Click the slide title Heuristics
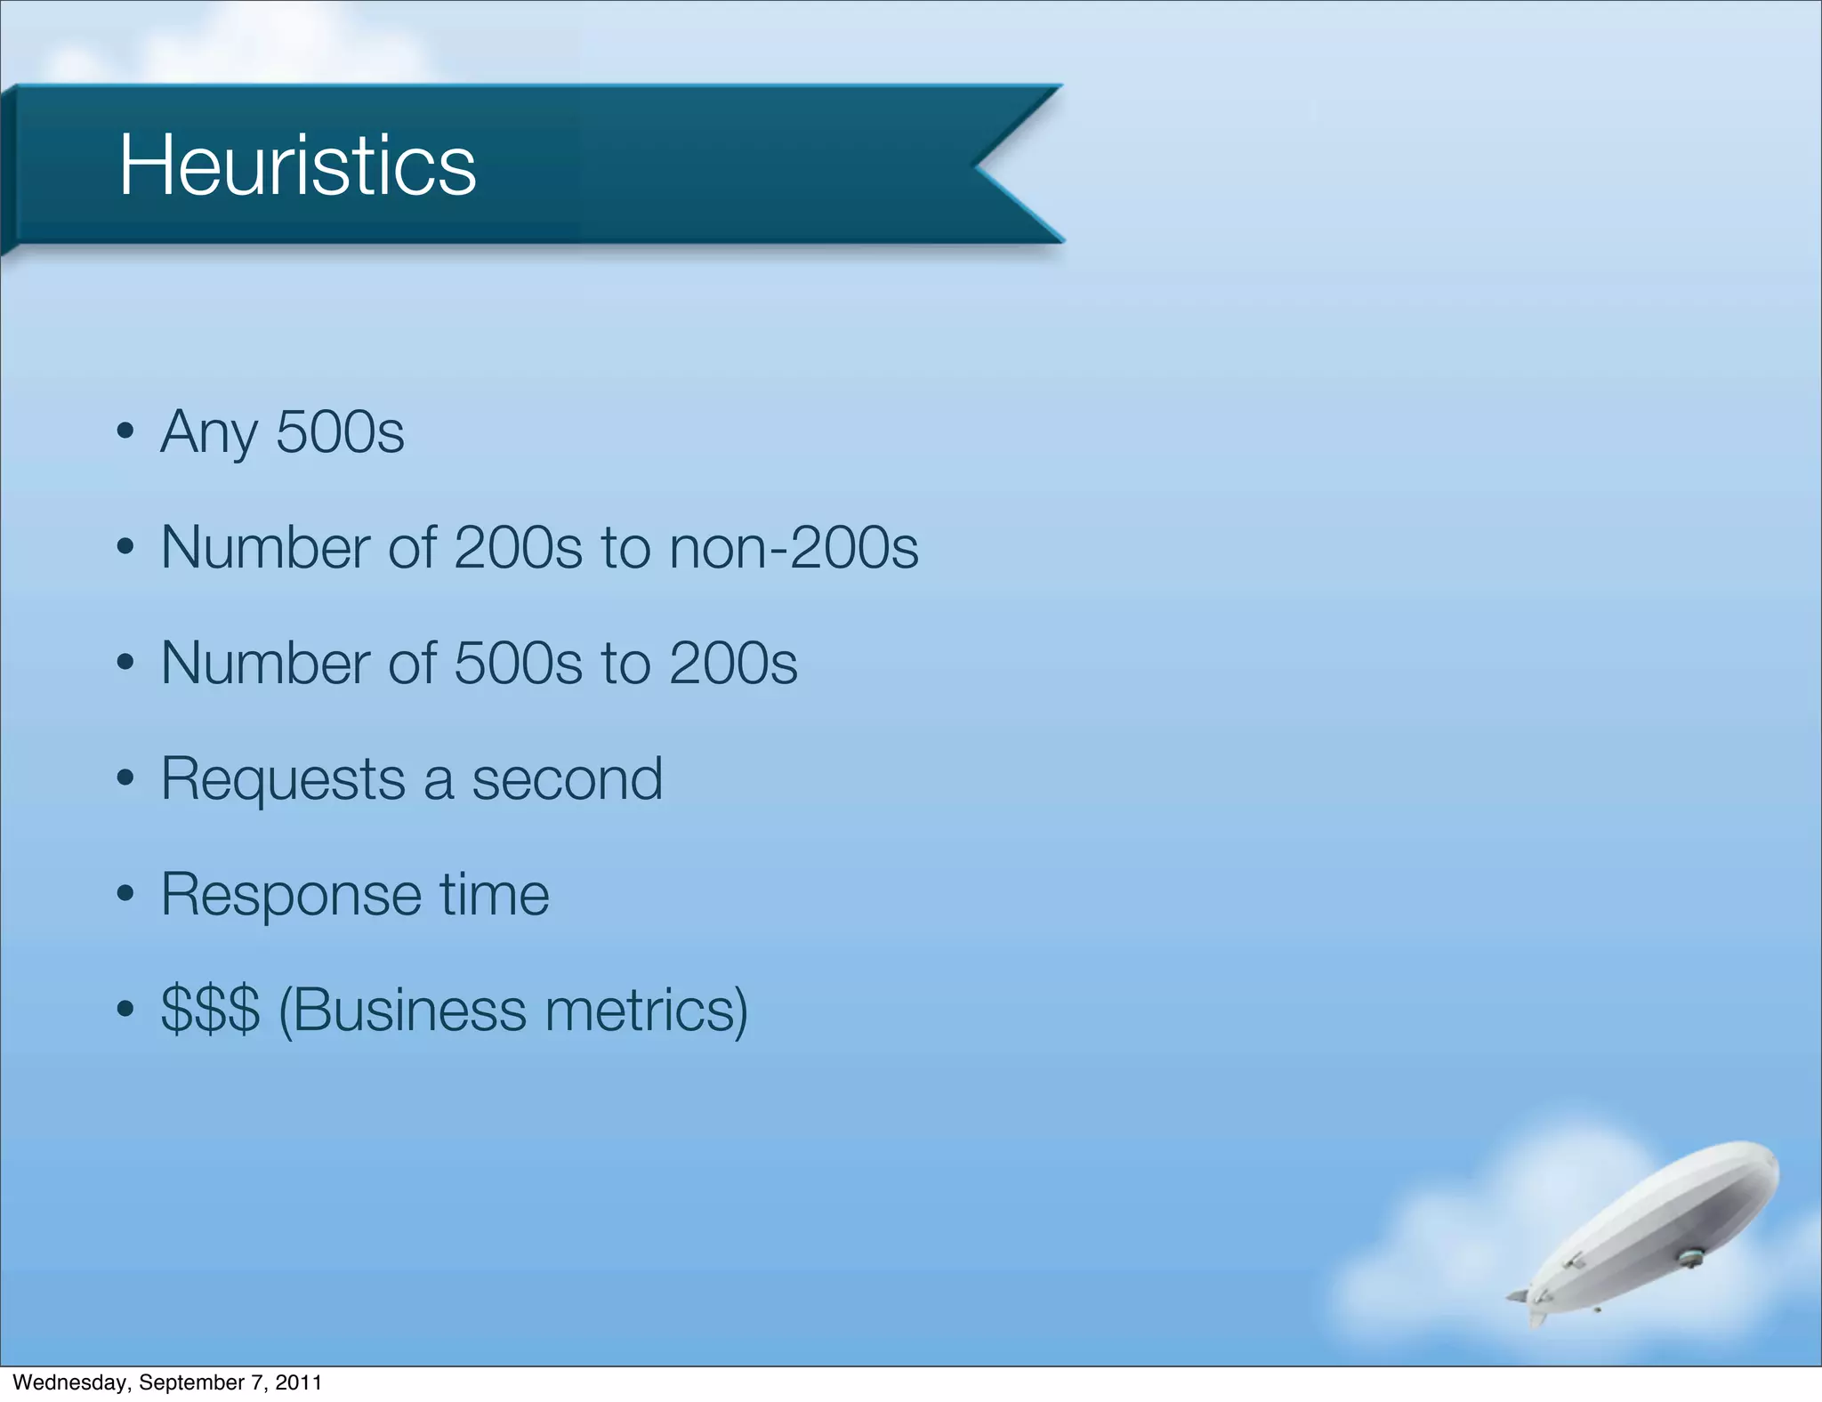(297, 165)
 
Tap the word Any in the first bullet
(209, 433)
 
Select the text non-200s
(794, 547)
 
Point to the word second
(567, 779)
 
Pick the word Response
(291, 895)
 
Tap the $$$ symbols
(210, 1011)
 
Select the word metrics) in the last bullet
(647, 1011)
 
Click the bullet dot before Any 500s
(125, 432)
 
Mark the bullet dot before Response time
(125, 894)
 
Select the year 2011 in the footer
(298, 1382)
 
